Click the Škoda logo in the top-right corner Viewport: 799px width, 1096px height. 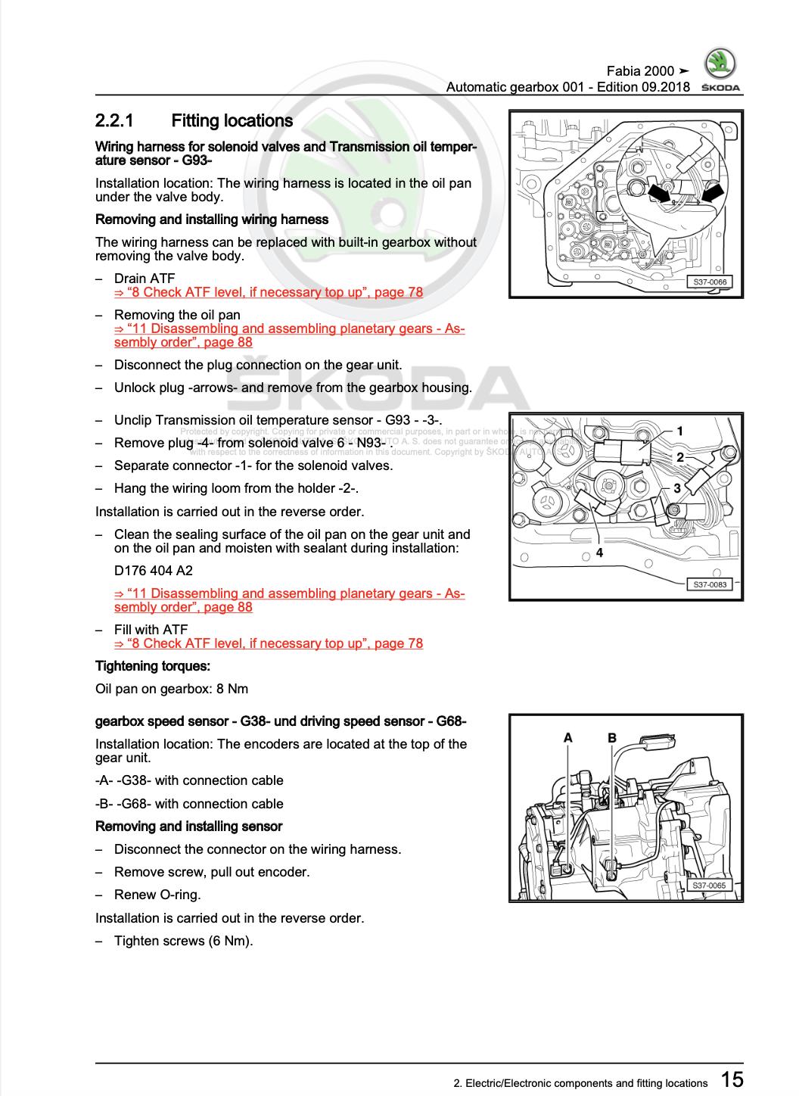click(x=720, y=67)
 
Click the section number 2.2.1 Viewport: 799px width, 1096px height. click(x=114, y=121)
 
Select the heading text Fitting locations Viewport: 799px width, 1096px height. click(x=232, y=121)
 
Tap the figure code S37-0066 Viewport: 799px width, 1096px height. click(x=709, y=282)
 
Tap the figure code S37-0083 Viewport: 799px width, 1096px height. click(x=709, y=584)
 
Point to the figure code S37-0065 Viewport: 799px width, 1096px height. click(x=709, y=885)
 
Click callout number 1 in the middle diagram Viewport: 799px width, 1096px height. click(x=679, y=431)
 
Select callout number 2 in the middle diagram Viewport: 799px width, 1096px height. click(x=679, y=457)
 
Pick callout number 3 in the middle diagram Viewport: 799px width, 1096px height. click(x=677, y=488)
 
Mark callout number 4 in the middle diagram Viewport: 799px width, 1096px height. click(x=599, y=553)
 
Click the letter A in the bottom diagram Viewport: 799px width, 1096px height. click(x=568, y=737)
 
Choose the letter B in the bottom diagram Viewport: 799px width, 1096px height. click(x=612, y=737)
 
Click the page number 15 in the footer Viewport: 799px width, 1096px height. click(x=731, y=1079)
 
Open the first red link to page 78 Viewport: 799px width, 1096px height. click(x=269, y=292)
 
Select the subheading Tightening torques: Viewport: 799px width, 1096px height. click(x=153, y=666)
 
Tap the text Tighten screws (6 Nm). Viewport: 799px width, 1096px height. click(x=183, y=941)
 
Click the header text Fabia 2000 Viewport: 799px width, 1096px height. click(x=640, y=71)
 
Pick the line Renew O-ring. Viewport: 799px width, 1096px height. click(x=157, y=895)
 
